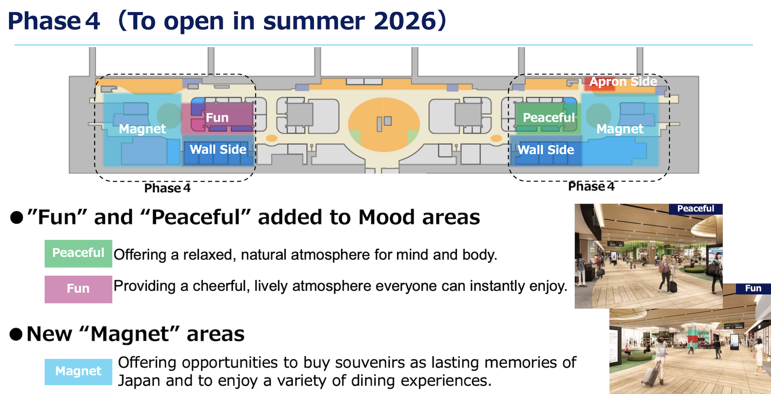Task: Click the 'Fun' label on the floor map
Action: [217, 118]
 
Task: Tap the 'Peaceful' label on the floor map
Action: [549, 118]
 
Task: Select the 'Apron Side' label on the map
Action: [623, 82]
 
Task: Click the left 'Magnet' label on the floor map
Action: [142, 129]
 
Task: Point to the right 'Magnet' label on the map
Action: [620, 129]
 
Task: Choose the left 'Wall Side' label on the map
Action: [218, 150]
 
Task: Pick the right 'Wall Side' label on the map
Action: [546, 150]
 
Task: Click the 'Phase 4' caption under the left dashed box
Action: [167, 188]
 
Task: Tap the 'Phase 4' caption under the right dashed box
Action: [591, 186]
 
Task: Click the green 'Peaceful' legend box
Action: [78, 253]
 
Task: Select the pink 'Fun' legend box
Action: [78, 289]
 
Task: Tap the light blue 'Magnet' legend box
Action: [78, 372]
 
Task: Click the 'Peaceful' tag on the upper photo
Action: [695, 209]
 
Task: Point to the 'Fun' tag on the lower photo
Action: [753, 288]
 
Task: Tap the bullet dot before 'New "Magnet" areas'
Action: [16, 334]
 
